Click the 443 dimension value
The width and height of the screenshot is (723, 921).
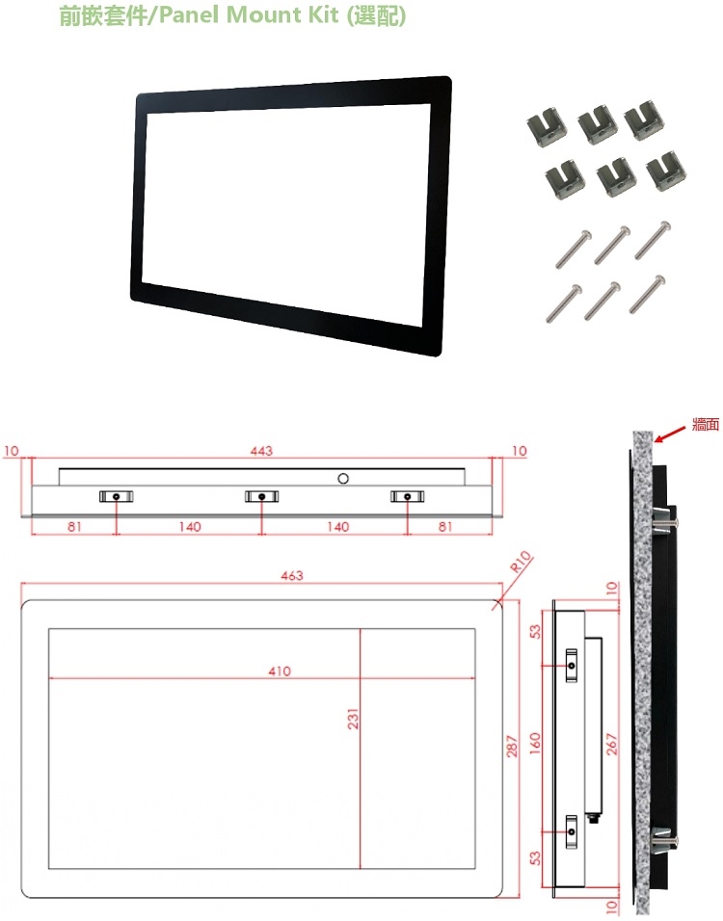[x=261, y=451]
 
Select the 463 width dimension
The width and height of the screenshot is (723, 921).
[x=291, y=576]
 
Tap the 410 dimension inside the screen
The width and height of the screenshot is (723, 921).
[x=280, y=671]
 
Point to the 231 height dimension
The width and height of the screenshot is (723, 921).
[x=353, y=719]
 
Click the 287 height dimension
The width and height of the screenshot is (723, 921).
[x=512, y=746]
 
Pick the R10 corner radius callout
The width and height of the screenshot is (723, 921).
[x=521, y=562]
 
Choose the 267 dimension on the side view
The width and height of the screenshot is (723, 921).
[x=612, y=744]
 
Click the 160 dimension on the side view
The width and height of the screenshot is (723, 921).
[x=535, y=743]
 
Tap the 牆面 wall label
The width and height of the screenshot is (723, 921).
[x=706, y=424]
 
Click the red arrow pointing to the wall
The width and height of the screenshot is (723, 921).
[x=670, y=434]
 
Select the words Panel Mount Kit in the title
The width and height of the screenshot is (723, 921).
[x=250, y=14]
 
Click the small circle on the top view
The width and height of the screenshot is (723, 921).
[x=343, y=478]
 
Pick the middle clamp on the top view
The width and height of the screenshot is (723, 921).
[x=261, y=496]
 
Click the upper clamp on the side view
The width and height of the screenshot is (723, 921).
[x=572, y=666]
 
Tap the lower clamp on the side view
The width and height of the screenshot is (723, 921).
[x=572, y=831]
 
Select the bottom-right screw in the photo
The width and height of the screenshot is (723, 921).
[x=647, y=294]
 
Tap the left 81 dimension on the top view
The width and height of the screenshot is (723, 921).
[x=74, y=526]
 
